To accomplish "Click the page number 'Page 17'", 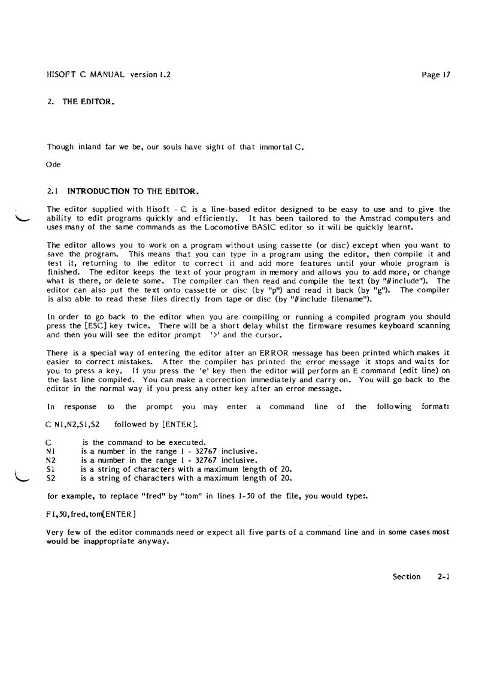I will [435, 75].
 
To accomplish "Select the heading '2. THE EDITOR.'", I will [80, 102].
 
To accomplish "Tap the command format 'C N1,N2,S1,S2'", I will [72, 424].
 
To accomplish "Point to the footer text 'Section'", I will [407, 577].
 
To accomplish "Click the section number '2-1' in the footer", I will [444, 577].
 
